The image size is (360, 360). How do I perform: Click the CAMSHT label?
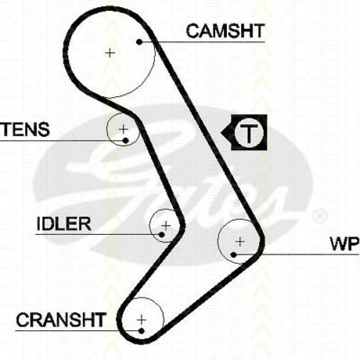(225, 31)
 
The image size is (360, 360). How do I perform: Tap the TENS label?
(25, 129)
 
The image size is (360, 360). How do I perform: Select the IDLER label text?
(63, 224)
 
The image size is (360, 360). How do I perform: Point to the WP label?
(344, 243)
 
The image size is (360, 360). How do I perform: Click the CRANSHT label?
(61, 320)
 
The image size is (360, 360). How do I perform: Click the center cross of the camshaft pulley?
(110, 53)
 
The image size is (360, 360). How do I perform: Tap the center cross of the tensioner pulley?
(123, 130)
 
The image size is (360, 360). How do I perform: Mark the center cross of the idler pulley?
(166, 225)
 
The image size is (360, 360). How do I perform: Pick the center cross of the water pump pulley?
(240, 242)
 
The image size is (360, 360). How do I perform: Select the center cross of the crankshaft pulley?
(142, 319)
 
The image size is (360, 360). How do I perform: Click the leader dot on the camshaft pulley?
(139, 42)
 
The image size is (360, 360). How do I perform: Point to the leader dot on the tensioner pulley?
(126, 141)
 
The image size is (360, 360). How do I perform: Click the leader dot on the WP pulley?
(234, 255)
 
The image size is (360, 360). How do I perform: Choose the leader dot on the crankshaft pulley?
(142, 331)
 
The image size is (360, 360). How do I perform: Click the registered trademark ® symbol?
(320, 215)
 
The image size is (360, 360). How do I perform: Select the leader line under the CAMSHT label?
(202, 42)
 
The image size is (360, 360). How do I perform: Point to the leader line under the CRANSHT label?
(76, 331)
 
